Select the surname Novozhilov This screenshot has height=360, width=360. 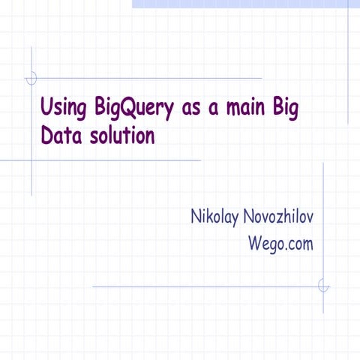point(281,217)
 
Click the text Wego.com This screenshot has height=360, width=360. point(280,243)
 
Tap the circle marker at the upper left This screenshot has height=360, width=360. point(31,77)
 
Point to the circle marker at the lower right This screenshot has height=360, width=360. point(323,286)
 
